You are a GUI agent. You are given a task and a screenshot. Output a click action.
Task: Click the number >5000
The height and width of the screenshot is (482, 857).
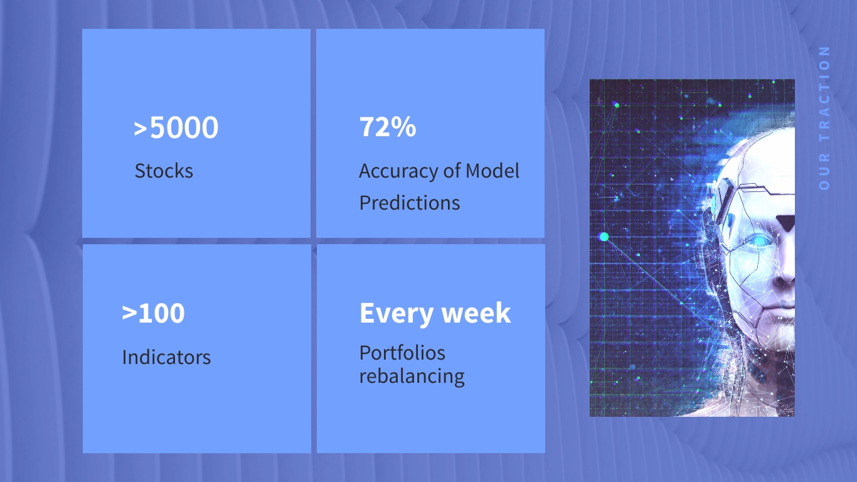click(176, 127)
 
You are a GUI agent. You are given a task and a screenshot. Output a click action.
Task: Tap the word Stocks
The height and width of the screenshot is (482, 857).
click(164, 171)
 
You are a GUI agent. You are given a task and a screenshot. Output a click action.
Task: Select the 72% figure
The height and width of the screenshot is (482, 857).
click(388, 127)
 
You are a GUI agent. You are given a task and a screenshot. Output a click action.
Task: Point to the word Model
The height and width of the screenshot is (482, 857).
click(492, 170)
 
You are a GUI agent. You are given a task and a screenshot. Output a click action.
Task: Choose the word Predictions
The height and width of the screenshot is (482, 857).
click(410, 203)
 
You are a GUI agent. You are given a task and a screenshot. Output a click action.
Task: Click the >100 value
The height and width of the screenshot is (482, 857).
click(154, 313)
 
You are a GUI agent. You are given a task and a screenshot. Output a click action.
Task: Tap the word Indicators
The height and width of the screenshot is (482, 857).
click(166, 357)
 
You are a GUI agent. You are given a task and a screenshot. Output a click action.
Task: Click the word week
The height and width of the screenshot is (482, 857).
click(476, 313)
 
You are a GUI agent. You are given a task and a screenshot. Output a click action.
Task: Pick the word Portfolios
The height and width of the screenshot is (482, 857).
click(402, 353)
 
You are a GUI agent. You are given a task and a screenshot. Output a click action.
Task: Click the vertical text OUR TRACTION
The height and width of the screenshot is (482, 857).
click(824, 118)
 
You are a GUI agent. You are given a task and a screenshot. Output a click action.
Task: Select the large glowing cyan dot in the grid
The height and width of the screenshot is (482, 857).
click(604, 237)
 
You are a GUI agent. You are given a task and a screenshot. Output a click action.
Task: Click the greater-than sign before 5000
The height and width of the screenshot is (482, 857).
click(141, 129)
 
